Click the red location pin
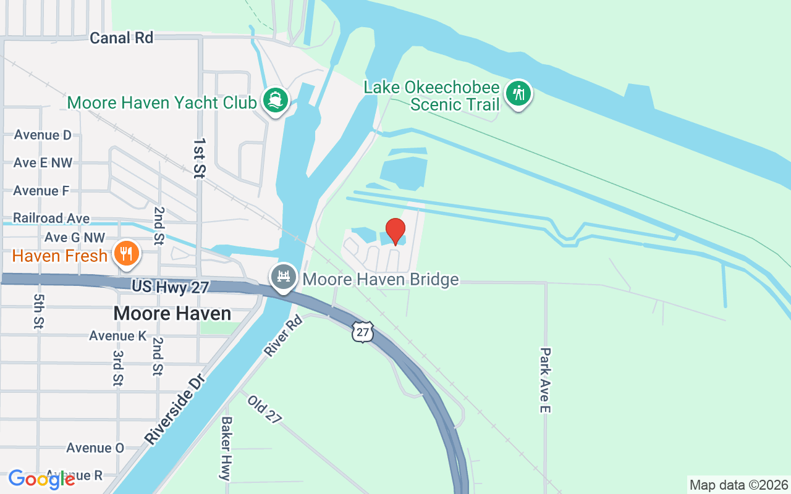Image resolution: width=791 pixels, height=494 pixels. pos(395,231)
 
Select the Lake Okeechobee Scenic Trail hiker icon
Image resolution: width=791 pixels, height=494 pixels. pos(518,94)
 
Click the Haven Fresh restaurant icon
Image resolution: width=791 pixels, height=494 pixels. pos(127,253)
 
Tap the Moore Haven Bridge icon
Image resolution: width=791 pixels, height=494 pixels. pos(284,277)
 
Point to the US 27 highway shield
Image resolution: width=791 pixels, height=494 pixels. pos(363,332)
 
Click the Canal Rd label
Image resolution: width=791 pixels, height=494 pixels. pos(121,38)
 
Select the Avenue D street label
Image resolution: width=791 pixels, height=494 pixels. pos(43,135)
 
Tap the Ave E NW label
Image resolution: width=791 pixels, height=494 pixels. pos(43,163)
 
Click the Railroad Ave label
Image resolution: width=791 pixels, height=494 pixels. pos(51,219)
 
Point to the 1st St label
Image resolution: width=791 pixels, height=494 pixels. pos(198,158)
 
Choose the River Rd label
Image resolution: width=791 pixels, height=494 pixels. pos(284,335)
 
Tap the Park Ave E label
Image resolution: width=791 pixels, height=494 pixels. pos(544,380)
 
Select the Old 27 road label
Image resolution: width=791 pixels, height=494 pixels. pos(265,409)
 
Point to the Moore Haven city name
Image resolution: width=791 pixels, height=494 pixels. pos(172,314)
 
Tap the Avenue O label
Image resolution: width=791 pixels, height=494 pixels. pos(95,448)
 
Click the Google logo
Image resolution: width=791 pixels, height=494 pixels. pos(41,479)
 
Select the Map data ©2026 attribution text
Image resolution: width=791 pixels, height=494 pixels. pos(738,485)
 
